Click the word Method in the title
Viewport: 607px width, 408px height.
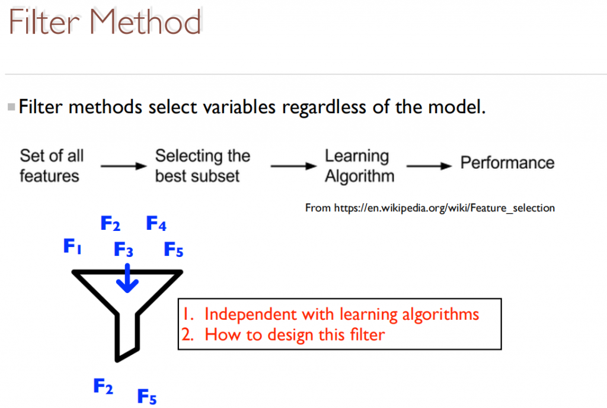[x=145, y=22]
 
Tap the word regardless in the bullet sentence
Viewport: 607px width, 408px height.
[x=324, y=108]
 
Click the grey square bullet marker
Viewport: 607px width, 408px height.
[x=11, y=107]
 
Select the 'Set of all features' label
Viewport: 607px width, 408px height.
[x=52, y=166]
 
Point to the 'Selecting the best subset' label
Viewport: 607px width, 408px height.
[x=203, y=166]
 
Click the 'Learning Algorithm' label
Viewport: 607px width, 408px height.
[x=359, y=166]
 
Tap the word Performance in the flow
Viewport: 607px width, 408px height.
[x=507, y=163]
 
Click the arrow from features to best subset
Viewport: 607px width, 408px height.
[x=123, y=166]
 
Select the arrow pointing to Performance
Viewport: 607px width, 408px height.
[x=429, y=166]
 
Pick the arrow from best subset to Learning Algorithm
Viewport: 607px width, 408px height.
[x=293, y=166]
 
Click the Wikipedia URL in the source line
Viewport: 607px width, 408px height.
[x=445, y=208]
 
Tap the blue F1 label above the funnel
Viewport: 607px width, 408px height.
[x=72, y=246]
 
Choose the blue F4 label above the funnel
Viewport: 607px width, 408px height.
[x=156, y=223]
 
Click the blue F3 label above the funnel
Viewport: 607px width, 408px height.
[x=123, y=249]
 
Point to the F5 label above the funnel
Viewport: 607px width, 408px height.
[x=174, y=249]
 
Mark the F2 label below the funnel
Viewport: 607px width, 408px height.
[x=103, y=386]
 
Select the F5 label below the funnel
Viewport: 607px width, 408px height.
[x=147, y=396]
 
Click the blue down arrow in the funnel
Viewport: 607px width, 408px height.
[x=127, y=278]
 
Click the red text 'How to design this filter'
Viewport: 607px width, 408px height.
[x=295, y=335]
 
